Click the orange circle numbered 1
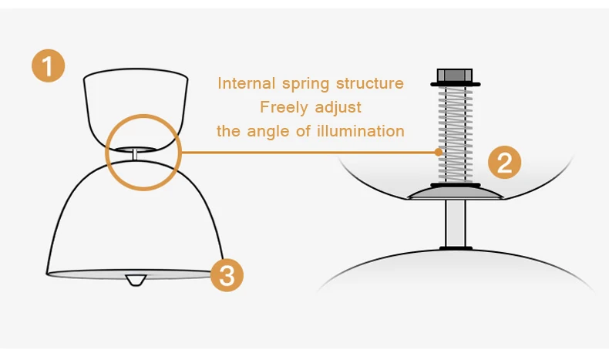(x=48, y=66)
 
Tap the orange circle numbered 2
(x=504, y=163)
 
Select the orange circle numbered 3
(x=227, y=275)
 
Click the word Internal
(x=246, y=83)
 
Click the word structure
(x=370, y=83)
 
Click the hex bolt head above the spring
(x=455, y=75)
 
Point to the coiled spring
(x=455, y=134)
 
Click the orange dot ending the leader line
(x=439, y=152)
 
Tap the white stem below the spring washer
(x=455, y=224)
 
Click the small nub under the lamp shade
(x=136, y=280)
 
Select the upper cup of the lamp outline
(x=136, y=109)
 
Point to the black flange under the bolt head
(x=455, y=84)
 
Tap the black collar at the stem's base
(x=456, y=248)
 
